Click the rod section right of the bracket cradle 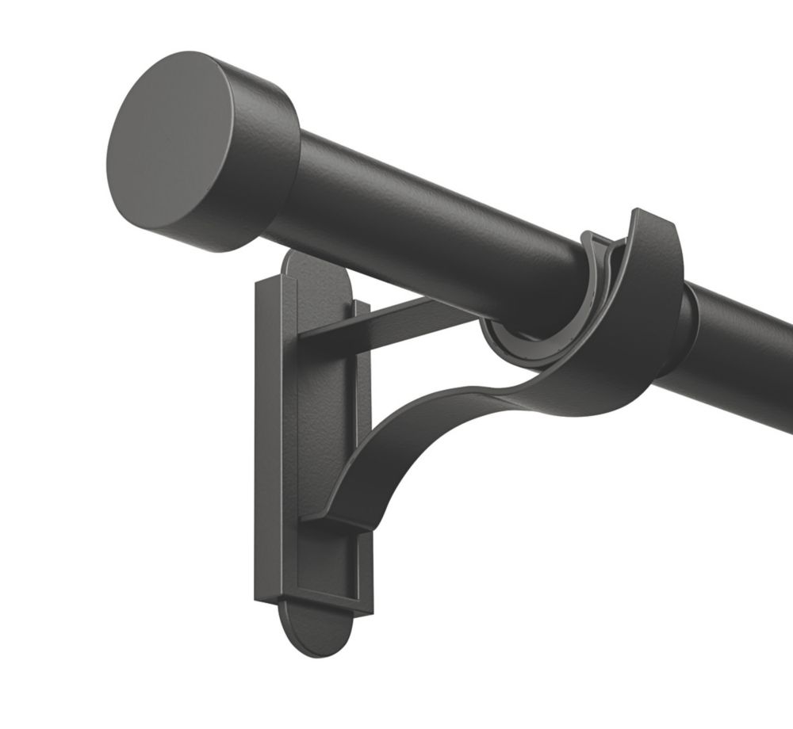tap(745, 357)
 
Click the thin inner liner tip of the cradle tap(593, 242)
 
